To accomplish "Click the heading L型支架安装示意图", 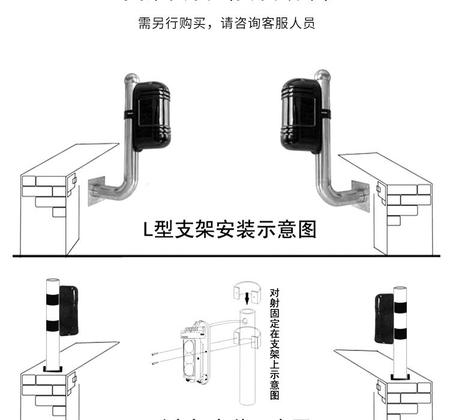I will pos(229,229).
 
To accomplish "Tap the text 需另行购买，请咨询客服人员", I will pos(226,24).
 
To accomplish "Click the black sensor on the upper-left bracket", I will pos(152,114).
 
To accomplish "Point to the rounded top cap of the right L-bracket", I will pos(323,77).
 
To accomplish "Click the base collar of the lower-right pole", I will pos(400,376).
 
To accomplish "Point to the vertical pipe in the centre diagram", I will pos(247,360).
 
